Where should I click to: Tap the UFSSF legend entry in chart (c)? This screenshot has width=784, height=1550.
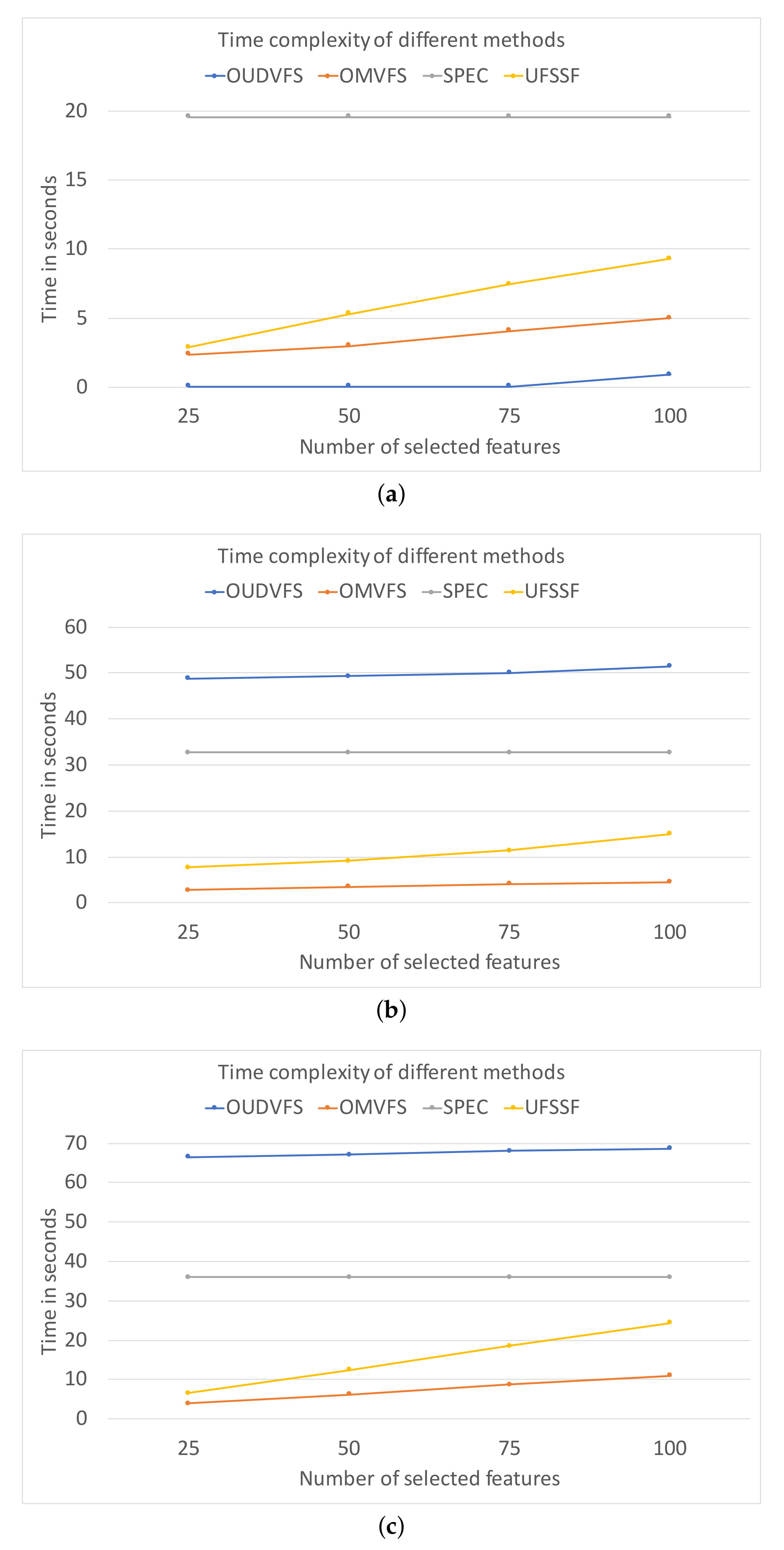[x=542, y=1107]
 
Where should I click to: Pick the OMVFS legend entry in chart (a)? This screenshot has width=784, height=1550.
[x=362, y=76]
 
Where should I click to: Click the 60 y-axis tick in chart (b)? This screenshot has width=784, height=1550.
[x=76, y=627]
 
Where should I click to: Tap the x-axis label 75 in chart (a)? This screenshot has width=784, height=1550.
[x=510, y=416]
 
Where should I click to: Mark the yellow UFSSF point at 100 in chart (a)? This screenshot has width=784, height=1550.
[x=668, y=258]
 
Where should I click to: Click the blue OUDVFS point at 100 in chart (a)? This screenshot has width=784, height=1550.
[x=668, y=374]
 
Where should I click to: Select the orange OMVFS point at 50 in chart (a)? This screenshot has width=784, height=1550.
[x=348, y=345]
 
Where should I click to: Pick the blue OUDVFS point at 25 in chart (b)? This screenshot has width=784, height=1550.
[x=188, y=678]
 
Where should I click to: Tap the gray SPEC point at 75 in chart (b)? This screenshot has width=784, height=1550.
[x=509, y=752]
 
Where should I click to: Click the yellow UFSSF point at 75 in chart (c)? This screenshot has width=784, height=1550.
[x=509, y=1345]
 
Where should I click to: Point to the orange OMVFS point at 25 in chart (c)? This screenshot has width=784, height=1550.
[x=188, y=1403]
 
